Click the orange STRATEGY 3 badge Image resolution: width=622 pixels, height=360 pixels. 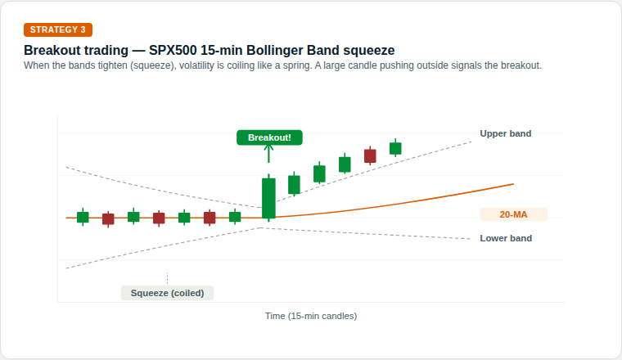58,29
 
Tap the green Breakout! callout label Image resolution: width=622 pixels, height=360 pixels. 269,137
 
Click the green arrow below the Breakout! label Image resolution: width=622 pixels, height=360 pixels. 269,154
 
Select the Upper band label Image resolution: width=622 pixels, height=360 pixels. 505,133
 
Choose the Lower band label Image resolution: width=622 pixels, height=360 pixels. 506,239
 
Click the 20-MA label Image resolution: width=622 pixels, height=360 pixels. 513,215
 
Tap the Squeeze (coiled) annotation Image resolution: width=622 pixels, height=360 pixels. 167,293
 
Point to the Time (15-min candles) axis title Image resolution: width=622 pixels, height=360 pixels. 311,315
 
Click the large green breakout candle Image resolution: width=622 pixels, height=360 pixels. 268,198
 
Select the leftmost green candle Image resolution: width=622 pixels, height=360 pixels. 83,217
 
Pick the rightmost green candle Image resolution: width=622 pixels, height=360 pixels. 395,148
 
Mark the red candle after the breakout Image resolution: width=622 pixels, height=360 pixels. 370,155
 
